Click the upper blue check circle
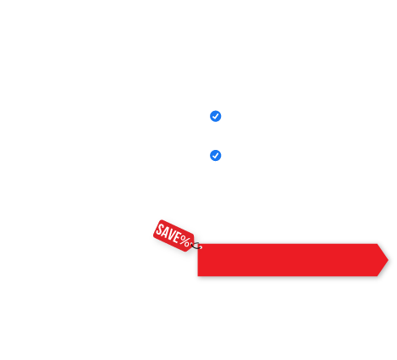coord(215,116)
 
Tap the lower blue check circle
coord(215,156)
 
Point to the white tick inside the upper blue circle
coord(216,116)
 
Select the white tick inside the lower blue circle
coord(216,156)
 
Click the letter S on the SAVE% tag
coord(160,230)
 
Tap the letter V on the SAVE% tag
coord(173,235)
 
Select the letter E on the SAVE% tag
coord(178,238)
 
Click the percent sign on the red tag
coord(185,241)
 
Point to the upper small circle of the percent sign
coord(183,239)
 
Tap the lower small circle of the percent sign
coord(187,243)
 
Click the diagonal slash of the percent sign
coord(185,241)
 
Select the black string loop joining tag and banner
coord(196,246)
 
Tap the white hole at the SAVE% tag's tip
coord(192,244)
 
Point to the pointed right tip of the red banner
coord(389,260)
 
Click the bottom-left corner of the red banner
coord(198,276)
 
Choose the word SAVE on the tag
coord(168,234)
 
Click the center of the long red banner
coord(293,260)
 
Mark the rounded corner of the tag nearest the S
coord(161,220)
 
